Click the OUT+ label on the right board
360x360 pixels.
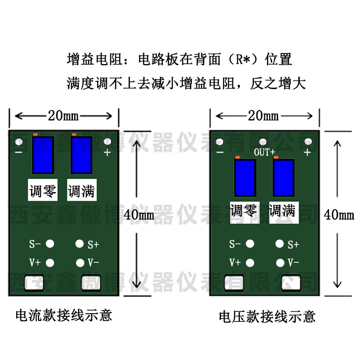click(x=264, y=152)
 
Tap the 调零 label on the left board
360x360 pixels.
click(x=43, y=192)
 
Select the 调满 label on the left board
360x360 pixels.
click(x=82, y=192)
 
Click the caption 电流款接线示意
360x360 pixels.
click(x=63, y=315)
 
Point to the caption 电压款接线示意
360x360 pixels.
click(x=267, y=316)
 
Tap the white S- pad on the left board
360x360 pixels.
click(x=50, y=244)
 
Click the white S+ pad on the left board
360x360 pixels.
click(x=80, y=244)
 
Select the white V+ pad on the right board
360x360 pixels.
click(x=251, y=262)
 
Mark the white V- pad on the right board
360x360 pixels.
click(x=280, y=262)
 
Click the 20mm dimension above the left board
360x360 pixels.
click(x=63, y=116)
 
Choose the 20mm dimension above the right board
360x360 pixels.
click(x=264, y=116)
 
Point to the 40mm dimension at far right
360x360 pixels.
click(x=339, y=215)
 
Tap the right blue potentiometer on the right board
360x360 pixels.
click(x=283, y=177)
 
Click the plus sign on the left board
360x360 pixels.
click(x=107, y=152)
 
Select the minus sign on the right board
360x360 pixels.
click(x=220, y=152)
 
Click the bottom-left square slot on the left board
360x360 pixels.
click(x=33, y=283)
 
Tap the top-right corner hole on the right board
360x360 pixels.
click(x=308, y=141)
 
